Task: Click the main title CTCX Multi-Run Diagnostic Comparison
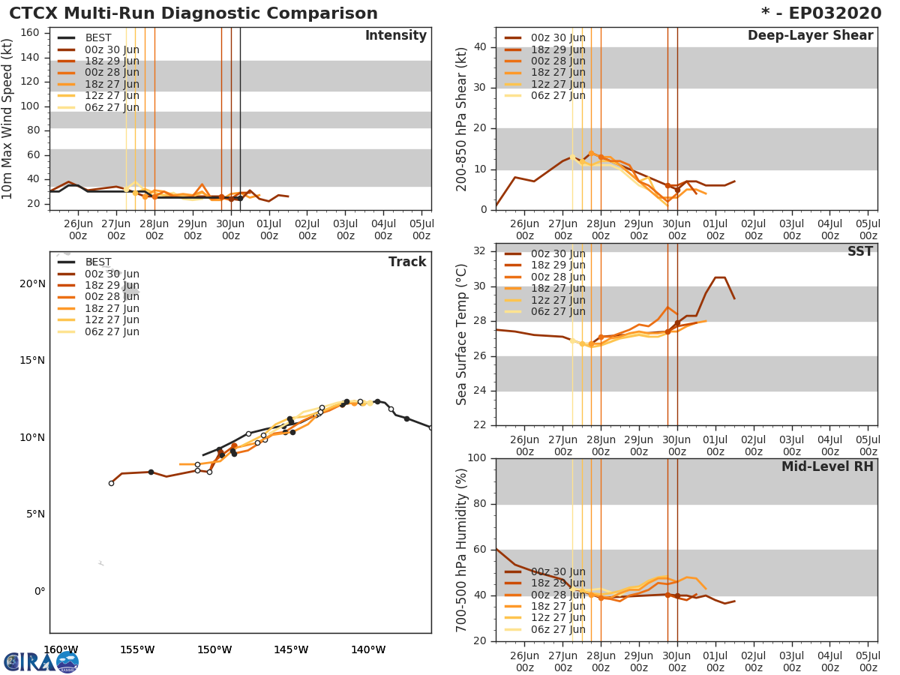click(x=193, y=13)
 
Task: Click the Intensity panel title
click(x=395, y=36)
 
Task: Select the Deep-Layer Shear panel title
click(x=810, y=36)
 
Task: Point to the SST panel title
click(x=859, y=252)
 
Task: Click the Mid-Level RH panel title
click(x=827, y=466)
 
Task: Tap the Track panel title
click(x=407, y=262)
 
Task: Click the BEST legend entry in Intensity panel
click(x=98, y=37)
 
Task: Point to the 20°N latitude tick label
click(x=32, y=283)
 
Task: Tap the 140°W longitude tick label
click(x=368, y=649)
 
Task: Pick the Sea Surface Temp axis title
click(x=462, y=334)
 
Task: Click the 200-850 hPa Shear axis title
click(x=462, y=118)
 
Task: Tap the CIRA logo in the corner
click(x=40, y=661)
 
